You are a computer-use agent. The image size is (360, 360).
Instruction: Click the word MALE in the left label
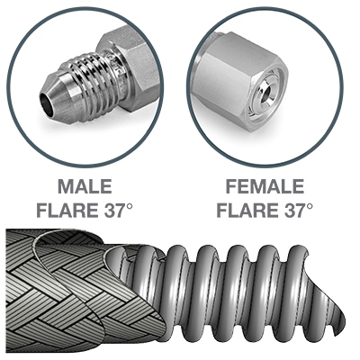[x=85, y=186]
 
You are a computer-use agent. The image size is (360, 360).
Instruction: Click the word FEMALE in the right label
[x=265, y=186]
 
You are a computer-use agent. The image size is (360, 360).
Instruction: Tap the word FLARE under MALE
[x=67, y=210]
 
